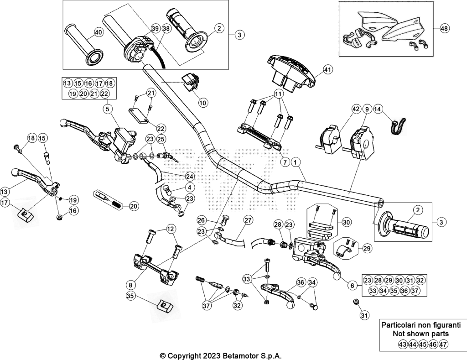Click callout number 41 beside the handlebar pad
click(327, 69)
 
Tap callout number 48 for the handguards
click(444, 28)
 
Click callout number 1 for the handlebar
click(295, 162)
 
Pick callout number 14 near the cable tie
click(377, 110)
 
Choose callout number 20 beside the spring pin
click(134, 206)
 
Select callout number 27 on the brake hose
click(248, 220)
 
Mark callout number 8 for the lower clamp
click(130, 285)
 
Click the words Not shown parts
click(421, 334)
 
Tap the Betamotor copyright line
click(221, 355)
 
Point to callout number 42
click(356, 110)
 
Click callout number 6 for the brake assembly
click(353, 286)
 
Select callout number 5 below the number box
click(108, 110)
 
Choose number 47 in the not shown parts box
click(443, 344)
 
